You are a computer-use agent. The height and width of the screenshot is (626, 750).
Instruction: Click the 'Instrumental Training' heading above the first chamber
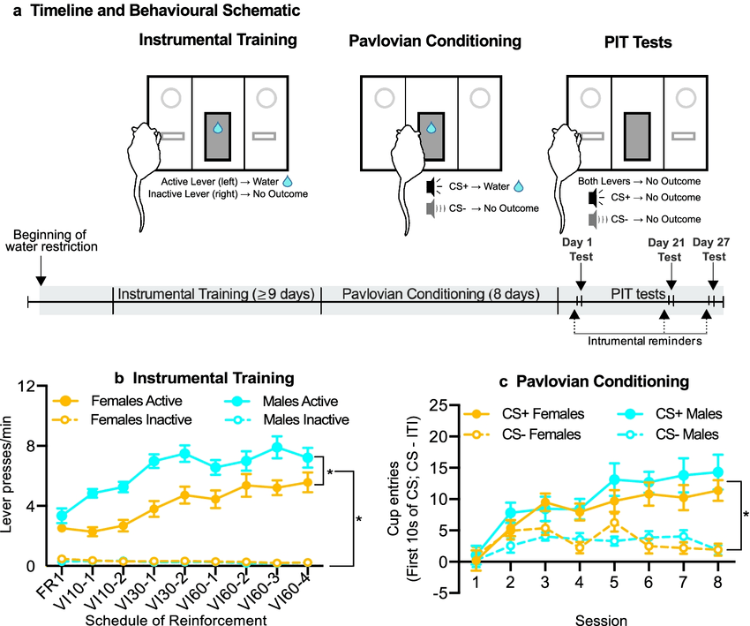tap(217, 41)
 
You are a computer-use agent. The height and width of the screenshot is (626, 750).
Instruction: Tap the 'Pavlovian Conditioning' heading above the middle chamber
tap(434, 41)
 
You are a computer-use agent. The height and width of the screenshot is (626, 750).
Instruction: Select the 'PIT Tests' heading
tap(638, 41)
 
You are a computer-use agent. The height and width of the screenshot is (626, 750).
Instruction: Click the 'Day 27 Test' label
tap(714, 250)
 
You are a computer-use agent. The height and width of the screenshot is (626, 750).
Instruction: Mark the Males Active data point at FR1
tap(62, 515)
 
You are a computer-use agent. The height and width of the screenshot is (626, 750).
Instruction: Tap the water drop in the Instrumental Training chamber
tap(217, 126)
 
